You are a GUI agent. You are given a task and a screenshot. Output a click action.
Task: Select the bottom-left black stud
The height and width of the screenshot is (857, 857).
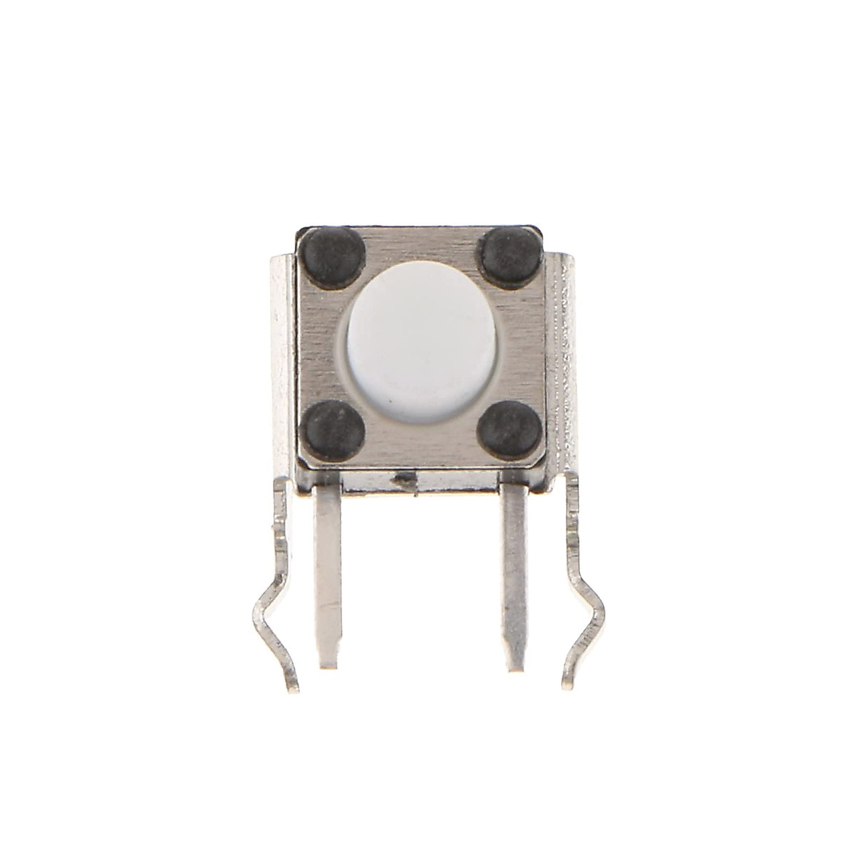(x=334, y=431)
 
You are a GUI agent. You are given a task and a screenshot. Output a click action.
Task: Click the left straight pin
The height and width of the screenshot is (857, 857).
(x=329, y=571)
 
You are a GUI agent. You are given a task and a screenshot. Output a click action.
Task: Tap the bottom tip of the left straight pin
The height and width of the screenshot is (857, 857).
(x=328, y=664)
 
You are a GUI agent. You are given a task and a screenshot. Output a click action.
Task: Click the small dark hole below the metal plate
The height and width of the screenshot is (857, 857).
(x=408, y=483)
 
